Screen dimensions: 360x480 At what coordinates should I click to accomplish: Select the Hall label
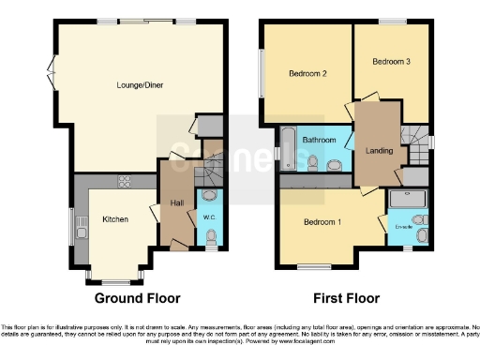(x=175, y=203)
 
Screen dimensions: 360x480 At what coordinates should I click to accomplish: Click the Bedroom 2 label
(x=307, y=74)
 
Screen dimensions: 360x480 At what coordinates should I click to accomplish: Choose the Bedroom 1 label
(x=322, y=222)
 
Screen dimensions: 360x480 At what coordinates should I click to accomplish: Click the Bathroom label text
(x=320, y=141)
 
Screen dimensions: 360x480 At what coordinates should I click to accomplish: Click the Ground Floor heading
(x=137, y=298)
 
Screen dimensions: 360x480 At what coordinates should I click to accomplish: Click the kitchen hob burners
(x=123, y=180)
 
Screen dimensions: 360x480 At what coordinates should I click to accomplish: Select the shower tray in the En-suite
(x=407, y=198)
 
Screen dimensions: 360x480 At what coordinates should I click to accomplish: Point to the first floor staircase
(x=413, y=141)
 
